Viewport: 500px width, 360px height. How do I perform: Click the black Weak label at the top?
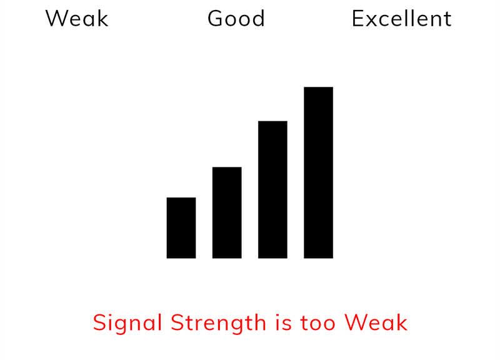pos(77,19)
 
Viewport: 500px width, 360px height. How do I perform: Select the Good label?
pos(236,18)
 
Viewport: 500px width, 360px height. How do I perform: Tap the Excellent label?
pos(401,18)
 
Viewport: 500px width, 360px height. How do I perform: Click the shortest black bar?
pos(181,227)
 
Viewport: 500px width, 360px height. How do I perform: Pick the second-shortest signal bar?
pos(227,212)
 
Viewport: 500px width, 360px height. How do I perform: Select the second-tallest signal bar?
pos(272,189)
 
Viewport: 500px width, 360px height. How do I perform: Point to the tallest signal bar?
pos(318,172)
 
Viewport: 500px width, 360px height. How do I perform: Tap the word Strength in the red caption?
pos(218,322)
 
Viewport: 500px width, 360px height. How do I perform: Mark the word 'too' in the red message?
pos(317,323)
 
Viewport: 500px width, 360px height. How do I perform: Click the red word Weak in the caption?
pos(376,322)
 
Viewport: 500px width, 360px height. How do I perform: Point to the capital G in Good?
pos(216,19)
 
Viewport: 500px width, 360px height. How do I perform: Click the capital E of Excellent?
pos(357,19)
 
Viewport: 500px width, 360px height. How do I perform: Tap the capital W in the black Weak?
pos(56,19)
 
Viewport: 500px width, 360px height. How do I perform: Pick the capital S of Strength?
pos(177,322)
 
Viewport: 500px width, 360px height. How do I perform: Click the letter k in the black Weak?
pos(102,18)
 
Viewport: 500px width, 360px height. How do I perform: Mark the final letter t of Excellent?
pos(447,19)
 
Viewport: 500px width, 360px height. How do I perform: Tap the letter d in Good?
pos(257,18)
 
